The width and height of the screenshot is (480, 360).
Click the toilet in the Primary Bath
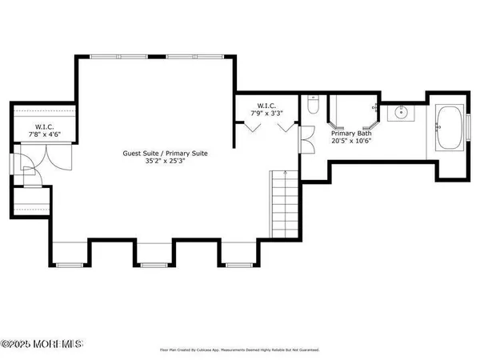click(313, 104)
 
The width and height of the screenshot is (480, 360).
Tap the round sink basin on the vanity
click(399, 114)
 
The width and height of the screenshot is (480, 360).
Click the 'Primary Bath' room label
click(352, 134)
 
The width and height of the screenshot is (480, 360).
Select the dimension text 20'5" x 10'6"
click(352, 142)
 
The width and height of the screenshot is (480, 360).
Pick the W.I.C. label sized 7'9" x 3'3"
click(266, 106)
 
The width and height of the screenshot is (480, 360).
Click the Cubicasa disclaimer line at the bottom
click(239, 350)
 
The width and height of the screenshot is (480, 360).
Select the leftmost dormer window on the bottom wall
click(70, 264)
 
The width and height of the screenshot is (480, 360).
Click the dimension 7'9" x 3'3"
click(266, 114)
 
